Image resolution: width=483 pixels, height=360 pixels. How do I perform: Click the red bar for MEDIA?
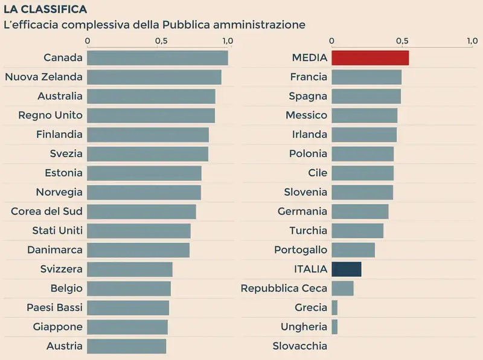[370, 58]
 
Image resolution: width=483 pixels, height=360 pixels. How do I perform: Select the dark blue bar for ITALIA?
[347, 269]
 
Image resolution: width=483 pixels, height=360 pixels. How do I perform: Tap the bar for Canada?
[158, 58]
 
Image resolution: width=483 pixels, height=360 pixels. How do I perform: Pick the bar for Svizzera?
[130, 269]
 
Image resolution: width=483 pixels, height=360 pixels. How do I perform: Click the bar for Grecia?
[334, 307]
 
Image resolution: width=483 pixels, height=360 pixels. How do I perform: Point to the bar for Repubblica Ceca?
[342, 288]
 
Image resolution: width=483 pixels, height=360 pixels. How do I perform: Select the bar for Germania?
[360, 211]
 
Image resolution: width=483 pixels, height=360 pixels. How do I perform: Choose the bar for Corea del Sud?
[141, 211]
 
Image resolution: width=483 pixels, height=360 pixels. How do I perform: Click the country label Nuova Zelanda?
[43, 77]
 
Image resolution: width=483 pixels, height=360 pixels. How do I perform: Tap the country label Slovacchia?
[299, 346]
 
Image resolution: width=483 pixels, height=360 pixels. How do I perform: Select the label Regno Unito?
[50, 115]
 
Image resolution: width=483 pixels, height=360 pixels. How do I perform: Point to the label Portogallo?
[300, 249]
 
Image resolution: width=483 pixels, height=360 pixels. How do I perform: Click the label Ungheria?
[304, 327]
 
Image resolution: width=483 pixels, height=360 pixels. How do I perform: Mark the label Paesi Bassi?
[54, 307]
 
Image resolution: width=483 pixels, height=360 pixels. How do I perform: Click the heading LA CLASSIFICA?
[45, 10]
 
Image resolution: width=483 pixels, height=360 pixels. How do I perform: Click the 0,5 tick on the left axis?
[161, 41]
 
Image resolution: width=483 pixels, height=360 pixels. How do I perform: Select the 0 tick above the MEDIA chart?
[331, 41]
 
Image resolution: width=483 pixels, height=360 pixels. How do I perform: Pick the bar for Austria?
[126, 346]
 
